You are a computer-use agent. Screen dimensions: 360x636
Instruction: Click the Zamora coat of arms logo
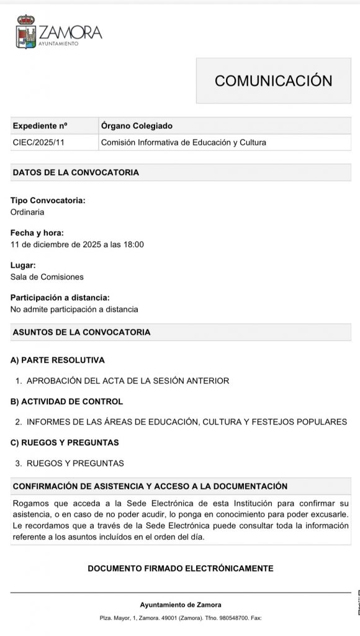[26, 32]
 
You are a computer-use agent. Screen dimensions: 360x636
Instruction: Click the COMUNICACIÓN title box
[273, 81]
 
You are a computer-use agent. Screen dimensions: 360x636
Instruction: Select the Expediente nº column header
[40, 125]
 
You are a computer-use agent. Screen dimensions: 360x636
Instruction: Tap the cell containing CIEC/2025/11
[38, 142]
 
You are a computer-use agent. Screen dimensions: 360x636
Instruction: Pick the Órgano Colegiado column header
[137, 125]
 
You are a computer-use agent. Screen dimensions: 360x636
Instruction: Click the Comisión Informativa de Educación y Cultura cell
[183, 142]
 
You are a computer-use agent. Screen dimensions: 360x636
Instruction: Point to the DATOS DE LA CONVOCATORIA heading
[76, 172]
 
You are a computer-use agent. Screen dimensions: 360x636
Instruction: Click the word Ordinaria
[27, 212]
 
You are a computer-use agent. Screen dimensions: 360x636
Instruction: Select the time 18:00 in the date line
[133, 244]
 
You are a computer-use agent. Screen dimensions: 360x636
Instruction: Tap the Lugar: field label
[23, 265]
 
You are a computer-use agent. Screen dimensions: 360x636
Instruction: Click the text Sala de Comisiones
[47, 276]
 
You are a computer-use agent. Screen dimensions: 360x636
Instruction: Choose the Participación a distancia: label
[60, 298]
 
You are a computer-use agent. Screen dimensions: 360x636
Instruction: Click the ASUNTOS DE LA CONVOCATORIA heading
[81, 332]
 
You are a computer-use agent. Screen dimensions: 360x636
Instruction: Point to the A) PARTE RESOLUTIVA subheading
[58, 360]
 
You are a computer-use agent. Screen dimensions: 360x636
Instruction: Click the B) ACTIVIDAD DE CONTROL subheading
[67, 401]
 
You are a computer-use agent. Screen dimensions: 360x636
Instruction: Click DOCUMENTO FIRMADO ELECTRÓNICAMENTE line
[181, 568]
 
